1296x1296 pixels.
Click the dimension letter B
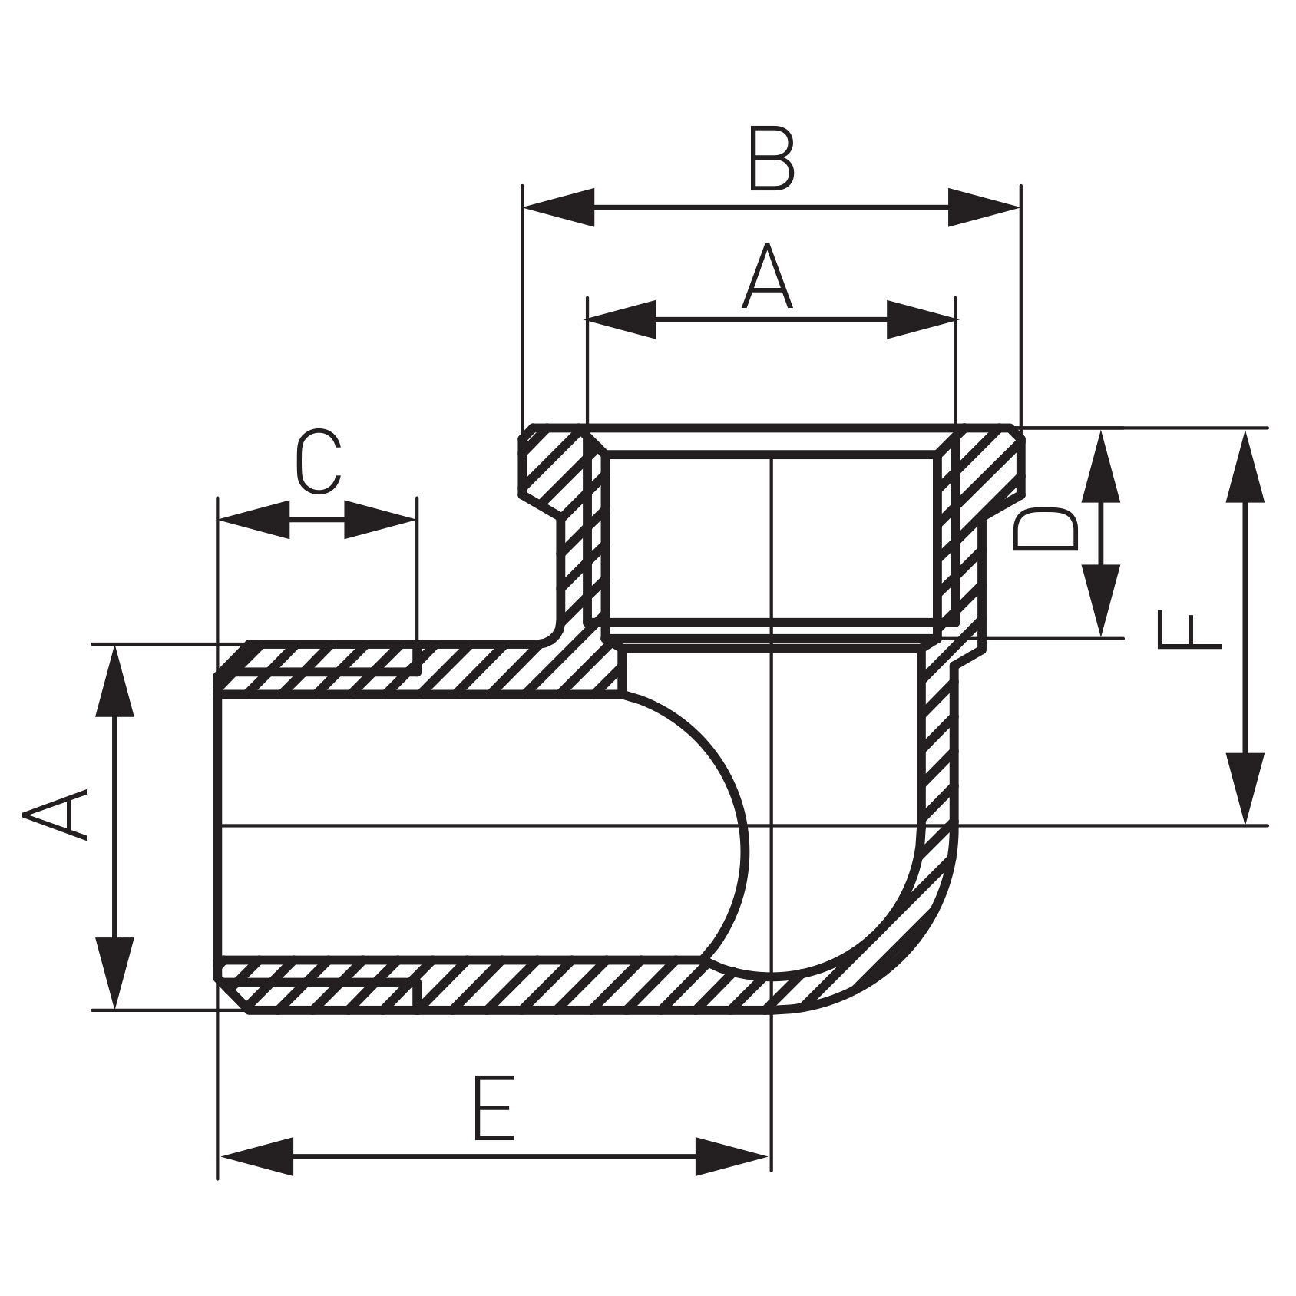pos(771,162)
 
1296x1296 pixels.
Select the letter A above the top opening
pos(767,278)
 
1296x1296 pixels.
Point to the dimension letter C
pos(318,463)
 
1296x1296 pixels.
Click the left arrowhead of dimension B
pos(558,207)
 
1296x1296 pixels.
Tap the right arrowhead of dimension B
pos(984,207)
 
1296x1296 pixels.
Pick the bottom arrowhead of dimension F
pos(1245,788)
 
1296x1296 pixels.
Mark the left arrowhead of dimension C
pos(254,520)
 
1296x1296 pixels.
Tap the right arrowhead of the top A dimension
pos(921,320)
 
